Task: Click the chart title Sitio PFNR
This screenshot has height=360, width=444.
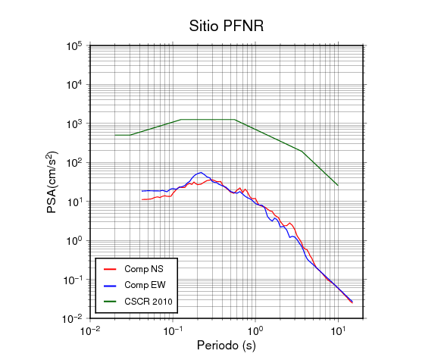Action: (227, 26)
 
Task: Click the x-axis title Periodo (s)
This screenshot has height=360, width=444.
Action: (227, 346)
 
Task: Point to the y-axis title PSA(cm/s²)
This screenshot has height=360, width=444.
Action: (52, 183)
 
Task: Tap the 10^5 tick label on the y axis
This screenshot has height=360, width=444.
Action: (74, 46)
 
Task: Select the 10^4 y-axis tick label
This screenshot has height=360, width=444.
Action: (74, 85)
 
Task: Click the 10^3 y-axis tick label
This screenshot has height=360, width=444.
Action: (74, 124)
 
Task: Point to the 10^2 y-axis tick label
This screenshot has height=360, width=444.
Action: (74, 163)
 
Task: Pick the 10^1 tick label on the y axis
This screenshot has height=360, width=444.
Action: (74, 202)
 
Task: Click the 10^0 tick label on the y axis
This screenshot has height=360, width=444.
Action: (74, 241)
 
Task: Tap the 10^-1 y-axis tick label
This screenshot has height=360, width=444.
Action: (72, 280)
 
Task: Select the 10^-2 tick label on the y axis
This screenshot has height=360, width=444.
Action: (72, 318)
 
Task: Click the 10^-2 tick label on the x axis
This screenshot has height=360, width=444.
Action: (90, 330)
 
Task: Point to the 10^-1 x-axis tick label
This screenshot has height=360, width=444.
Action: (173, 330)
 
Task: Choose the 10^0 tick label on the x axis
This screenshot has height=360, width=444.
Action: (255, 330)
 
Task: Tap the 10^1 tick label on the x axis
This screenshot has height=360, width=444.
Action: (338, 330)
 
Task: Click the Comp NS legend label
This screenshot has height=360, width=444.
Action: (144, 269)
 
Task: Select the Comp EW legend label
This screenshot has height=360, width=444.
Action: (145, 285)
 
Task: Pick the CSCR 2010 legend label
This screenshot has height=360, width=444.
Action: (149, 302)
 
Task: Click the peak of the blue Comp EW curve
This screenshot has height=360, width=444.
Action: (201, 172)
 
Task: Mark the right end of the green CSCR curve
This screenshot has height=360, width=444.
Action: (338, 185)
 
